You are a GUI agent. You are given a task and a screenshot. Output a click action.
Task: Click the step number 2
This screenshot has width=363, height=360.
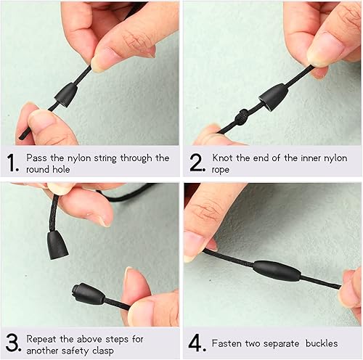[195, 162]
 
